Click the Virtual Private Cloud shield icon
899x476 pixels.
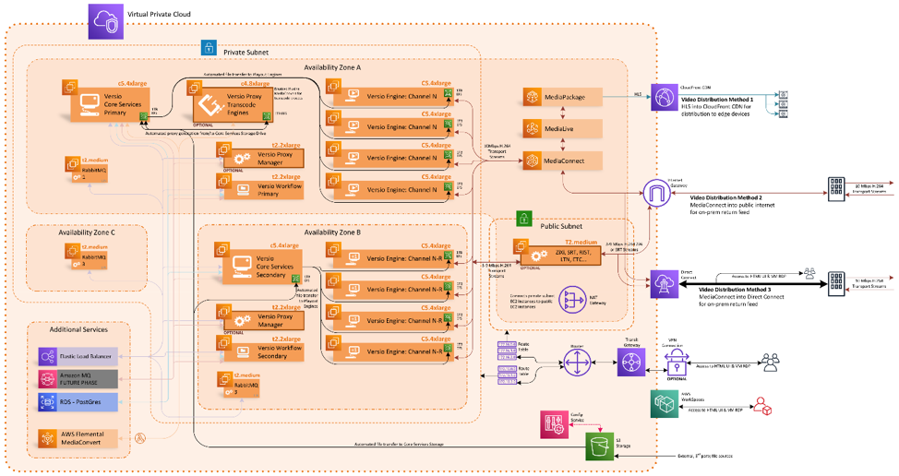point(104,21)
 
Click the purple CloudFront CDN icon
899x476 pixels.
point(665,96)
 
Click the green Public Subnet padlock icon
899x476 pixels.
point(524,218)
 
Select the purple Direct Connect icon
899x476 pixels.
point(664,282)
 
